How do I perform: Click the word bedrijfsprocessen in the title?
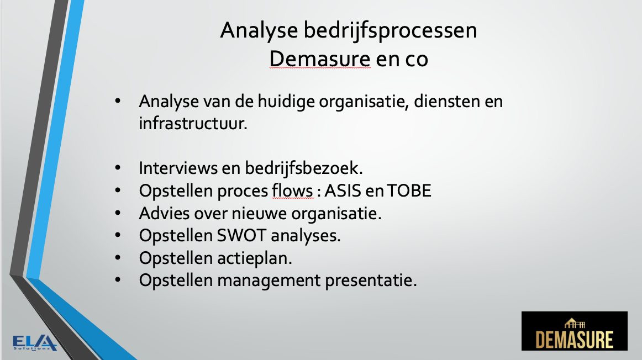point(390,31)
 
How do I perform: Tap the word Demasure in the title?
point(320,59)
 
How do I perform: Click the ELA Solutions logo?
point(34,343)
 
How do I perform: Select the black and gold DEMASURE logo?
point(574,331)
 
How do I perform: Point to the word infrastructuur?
point(193,123)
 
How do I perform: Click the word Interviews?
point(178,168)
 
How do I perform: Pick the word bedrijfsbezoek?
point(304,168)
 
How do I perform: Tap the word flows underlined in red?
point(292,190)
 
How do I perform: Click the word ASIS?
point(343,191)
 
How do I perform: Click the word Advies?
point(164,213)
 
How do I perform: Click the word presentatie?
point(371,280)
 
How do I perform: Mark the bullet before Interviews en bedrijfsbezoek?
point(118,168)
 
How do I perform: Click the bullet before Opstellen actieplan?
point(118,258)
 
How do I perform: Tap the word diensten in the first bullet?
point(447,101)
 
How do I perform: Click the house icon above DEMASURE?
point(575,324)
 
